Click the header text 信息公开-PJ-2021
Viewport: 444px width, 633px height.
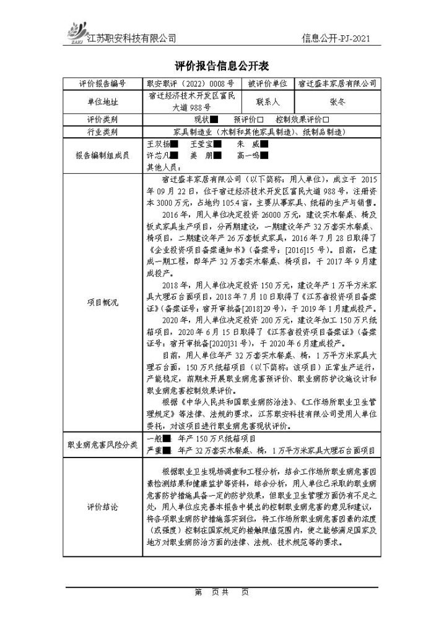pyautogui.click(x=337, y=38)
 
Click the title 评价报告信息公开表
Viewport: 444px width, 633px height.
pyautogui.click(x=222, y=66)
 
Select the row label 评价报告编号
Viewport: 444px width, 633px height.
pyautogui.click(x=102, y=83)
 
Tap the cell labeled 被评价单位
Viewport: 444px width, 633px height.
pyautogui.click(x=268, y=83)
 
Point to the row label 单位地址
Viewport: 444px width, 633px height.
pyautogui.click(x=102, y=101)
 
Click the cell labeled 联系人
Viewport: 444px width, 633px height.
pyautogui.click(x=268, y=101)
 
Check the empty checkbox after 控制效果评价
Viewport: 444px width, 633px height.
pyautogui.click(x=325, y=119)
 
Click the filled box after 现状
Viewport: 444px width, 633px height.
pyautogui.click(x=214, y=119)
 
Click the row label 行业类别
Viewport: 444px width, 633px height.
pyautogui.click(x=102, y=132)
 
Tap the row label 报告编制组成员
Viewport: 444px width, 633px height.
pyautogui.click(x=102, y=155)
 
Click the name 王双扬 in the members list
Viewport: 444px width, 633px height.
pyautogui.click(x=157, y=143)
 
